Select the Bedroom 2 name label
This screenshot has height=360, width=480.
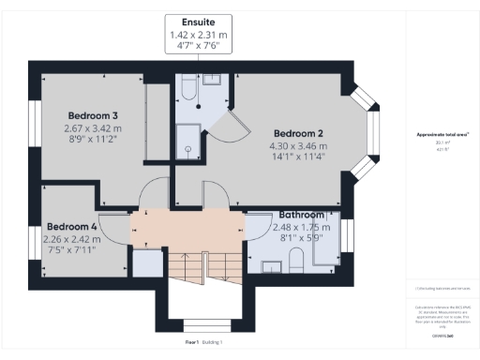point(299,132)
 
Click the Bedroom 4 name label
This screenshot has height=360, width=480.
point(72,227)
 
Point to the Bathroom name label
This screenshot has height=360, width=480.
point(297,215)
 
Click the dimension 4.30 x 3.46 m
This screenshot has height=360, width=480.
point(299,145)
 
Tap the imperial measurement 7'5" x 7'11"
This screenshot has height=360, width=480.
point(71,251)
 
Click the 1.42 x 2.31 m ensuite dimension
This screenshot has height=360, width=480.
point(198,36)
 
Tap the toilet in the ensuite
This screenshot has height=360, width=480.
point(186,91)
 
